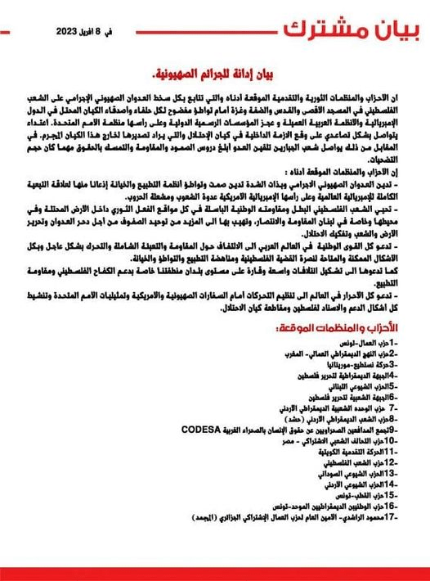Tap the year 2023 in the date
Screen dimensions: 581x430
click(74, 32)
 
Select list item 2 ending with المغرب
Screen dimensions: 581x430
click(336, 353)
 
